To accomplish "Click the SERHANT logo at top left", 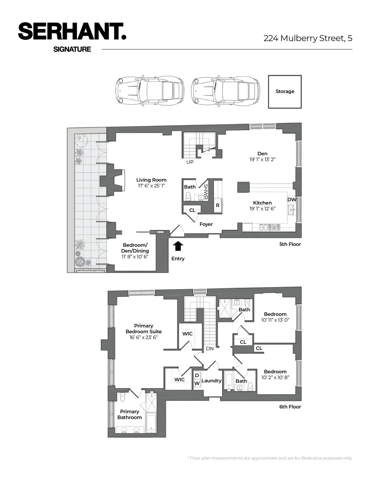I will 72,31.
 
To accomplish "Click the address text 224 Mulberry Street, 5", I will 308,38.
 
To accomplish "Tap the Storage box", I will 285,92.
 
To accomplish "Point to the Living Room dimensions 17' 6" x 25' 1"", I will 151,186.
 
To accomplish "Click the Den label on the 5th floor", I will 262,154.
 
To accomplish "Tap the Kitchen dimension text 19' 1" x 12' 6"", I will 262,209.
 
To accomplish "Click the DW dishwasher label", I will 292,200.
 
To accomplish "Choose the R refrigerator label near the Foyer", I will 217,205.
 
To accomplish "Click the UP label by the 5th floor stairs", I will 190,162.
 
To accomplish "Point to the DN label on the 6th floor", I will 210,348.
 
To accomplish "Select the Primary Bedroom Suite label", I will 144,329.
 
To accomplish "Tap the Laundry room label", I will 211,381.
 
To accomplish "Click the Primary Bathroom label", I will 129,414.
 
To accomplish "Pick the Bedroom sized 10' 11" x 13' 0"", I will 275,317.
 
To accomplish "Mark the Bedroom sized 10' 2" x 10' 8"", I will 275,374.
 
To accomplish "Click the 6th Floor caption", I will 290,407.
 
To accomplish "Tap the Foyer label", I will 206,224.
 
